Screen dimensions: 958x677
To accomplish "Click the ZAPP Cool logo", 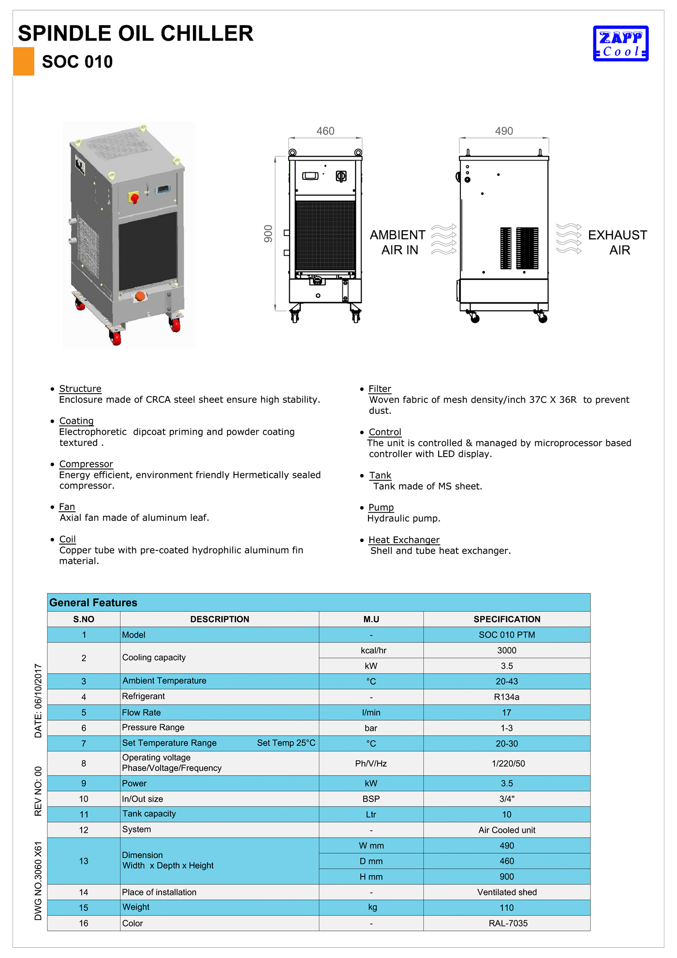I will (620, 44).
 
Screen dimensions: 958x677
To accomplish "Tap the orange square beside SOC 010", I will (23, 61).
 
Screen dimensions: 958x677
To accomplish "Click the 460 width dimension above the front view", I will (325, 131).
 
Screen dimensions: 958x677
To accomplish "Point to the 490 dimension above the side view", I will (504, 131).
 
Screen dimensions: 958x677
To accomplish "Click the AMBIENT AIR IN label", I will (397, 242).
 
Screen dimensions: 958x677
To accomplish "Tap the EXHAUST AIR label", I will (618, 242).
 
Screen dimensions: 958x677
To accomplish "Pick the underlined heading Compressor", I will (86, 464).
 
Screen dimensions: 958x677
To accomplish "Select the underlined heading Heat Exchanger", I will (404, 540).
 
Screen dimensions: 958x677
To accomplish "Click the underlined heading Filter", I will (380, 389).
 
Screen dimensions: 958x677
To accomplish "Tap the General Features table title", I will (93, 603).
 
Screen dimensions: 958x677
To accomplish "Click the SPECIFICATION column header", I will (507, 619).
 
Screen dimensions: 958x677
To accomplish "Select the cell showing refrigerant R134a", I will (507, 697).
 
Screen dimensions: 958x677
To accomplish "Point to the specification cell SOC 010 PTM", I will (507, 635).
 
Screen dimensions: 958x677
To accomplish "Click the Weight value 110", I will (507, 908).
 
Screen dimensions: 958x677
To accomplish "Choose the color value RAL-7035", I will (508, 923).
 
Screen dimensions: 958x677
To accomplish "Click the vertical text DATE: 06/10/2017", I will (38, 701).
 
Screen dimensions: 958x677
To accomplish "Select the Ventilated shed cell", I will (507, 892).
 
